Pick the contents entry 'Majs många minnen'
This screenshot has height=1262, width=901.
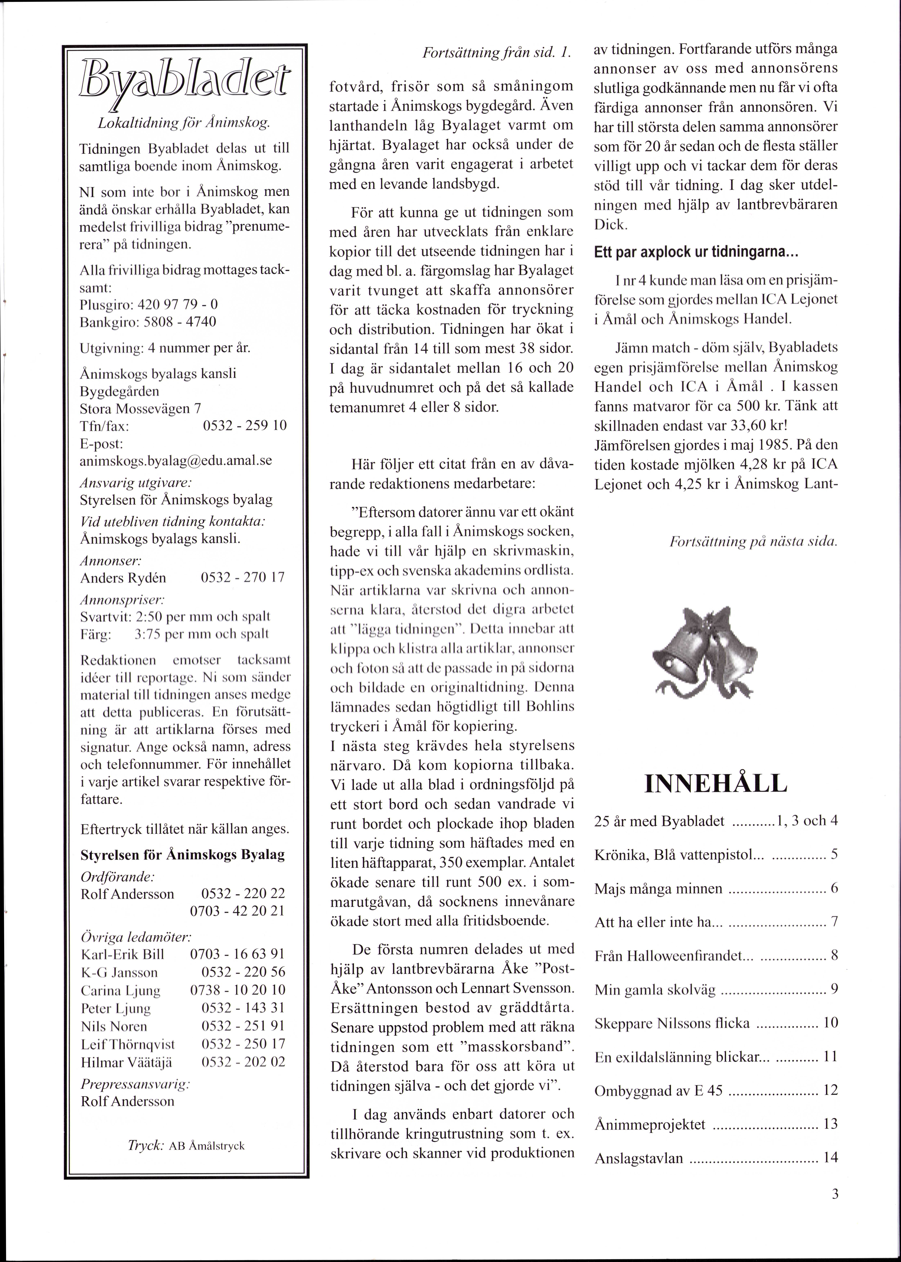(x=659, y=889)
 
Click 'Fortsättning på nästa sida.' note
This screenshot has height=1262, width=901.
(x=753, y=541)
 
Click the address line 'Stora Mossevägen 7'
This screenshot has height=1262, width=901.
(x=140, y=408)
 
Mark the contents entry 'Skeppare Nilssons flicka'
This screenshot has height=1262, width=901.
(x=672, y=1023)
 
